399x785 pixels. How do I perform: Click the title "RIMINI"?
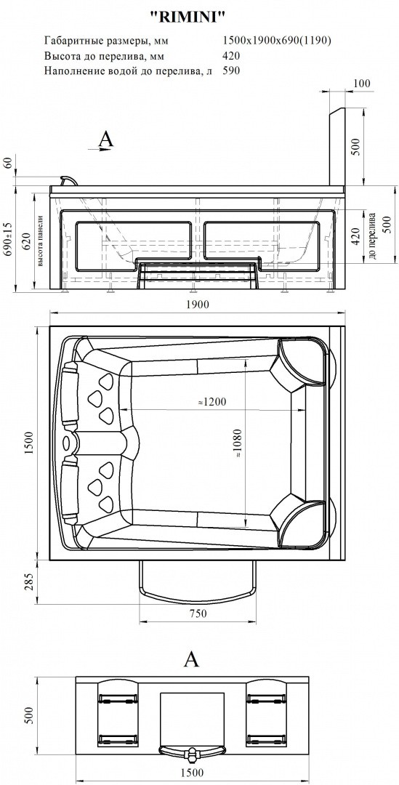click(188, 17)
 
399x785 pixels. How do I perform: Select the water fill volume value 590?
click(231, 71)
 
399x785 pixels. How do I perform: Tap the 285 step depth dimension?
click(29, 583)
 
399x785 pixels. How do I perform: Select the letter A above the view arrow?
click(106, 139)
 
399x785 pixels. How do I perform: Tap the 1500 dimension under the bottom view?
click(193, 773)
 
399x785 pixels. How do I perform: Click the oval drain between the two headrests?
click(68, 443)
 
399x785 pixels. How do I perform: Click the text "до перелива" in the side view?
click(371, 238)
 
